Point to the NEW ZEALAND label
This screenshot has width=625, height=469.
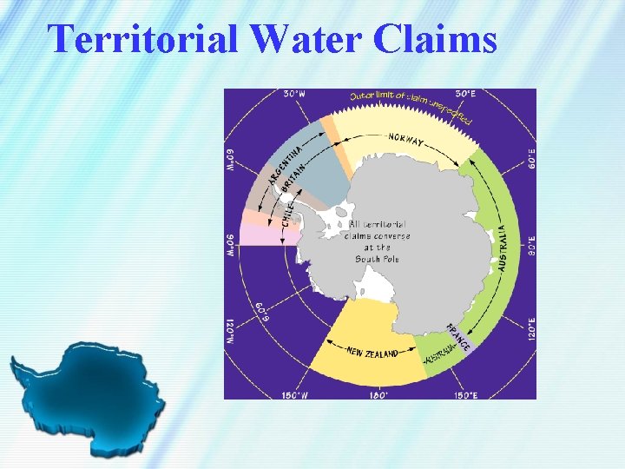pos(372,353)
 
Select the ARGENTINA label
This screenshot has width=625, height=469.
pos(285,166)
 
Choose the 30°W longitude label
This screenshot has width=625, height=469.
pos(293,94)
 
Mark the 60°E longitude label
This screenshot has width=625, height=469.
pos(530,158)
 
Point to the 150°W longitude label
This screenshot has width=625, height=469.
pos(294,394)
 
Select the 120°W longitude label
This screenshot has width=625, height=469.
pos(231,332)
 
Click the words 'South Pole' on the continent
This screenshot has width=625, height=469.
pos(377,259)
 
